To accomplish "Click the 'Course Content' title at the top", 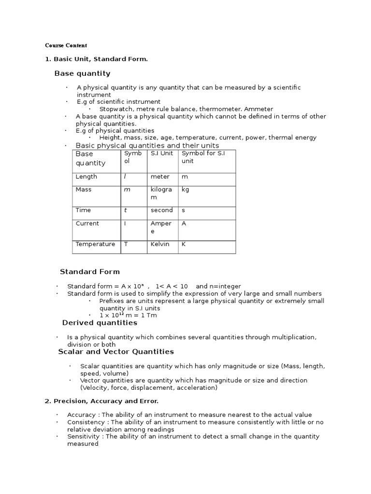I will [x=66, y=45].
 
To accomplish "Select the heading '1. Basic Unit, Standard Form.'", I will [x=96, y=59].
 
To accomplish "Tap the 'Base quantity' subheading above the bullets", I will [x=82, y=73].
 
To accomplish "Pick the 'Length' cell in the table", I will [x=86, y=177].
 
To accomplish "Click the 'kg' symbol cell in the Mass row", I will [x=185, y=190].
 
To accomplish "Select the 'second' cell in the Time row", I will [x=161, y=210].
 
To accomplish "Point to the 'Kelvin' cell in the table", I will [x=160, y=244].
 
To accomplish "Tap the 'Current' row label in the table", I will [x=87, y=223].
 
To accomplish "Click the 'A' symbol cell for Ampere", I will [x=184, y=223].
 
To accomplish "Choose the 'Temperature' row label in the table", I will [x=95, y=244].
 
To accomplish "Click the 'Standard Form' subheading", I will [x=90, y=272].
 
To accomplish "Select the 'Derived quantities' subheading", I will [x=100, y=323].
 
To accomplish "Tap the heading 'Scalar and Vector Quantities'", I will [x=116, y=352].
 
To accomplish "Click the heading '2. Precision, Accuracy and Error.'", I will [x=101, y=401].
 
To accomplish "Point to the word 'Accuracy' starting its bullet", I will [x=82, y=415].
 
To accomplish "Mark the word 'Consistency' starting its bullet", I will [x=86, y=422].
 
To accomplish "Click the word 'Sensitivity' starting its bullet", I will [x=84, y=437].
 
